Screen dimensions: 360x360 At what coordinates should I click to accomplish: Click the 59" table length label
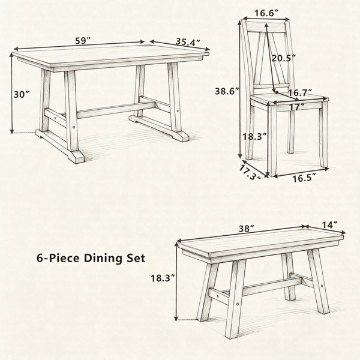83,41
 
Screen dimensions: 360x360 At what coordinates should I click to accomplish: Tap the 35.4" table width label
188,42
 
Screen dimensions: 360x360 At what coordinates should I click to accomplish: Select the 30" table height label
22,94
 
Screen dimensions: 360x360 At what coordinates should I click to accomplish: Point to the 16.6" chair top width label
266,13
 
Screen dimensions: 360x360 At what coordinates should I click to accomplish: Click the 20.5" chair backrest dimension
284,58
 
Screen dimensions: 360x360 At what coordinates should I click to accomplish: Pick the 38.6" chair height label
227,91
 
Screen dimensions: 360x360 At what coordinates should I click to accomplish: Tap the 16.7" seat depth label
300,93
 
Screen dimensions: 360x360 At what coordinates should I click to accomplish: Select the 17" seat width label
297,107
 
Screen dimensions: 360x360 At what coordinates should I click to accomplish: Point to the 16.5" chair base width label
304,178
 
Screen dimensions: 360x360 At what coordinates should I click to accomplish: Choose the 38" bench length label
247,229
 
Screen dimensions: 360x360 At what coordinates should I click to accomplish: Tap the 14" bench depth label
329,225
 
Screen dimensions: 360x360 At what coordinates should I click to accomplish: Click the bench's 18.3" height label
163,278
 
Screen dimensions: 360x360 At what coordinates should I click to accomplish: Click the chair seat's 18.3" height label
255,137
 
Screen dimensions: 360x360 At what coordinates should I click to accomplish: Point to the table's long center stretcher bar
116,110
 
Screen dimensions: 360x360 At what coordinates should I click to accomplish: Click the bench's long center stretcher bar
272,286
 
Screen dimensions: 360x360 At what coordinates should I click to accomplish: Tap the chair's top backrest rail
266,28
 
